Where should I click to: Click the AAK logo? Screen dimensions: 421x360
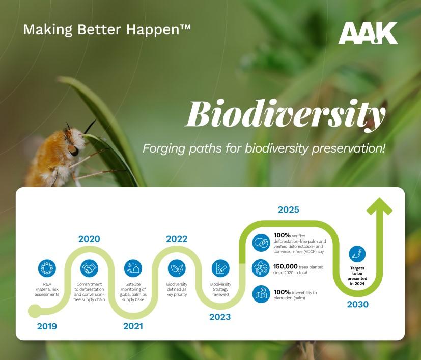pos(368,33)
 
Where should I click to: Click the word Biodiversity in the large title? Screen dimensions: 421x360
pos(286,114)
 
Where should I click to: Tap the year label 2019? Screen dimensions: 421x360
pos(47,326)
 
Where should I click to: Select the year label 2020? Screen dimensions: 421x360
pos(89,239)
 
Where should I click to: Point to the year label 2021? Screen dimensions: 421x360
pos(133,326)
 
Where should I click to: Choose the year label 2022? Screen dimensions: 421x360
pos(177,239)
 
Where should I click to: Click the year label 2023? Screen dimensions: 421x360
pos(220,317)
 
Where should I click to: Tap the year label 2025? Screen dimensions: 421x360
pos(288,209)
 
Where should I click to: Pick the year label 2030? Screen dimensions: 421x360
pos(358,304)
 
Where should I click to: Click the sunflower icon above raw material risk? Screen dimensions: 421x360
pos(47,268)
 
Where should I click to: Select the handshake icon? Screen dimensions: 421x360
pos(89,268)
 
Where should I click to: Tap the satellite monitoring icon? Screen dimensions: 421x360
pos(133,268)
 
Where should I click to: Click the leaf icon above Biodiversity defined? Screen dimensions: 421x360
pos(177,268)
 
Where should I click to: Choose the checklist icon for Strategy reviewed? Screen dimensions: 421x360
pos(220,268)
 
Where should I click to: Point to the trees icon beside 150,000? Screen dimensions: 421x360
pos(261,268)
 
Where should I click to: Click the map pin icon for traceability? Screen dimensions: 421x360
pos(261,294)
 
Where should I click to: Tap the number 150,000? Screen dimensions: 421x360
pos(286,266)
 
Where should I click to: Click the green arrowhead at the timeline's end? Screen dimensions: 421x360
pos(379,206)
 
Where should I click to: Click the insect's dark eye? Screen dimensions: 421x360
pos(73,150)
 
